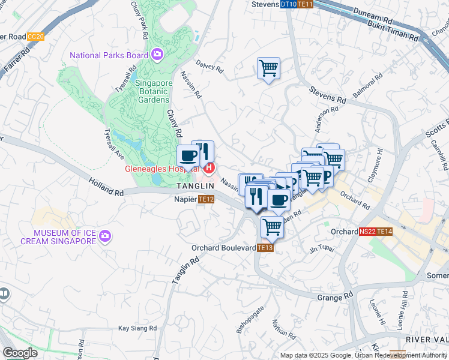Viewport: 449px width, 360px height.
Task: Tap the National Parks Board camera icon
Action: [x=157, y=55]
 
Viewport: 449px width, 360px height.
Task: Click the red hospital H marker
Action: [x=209, y=169]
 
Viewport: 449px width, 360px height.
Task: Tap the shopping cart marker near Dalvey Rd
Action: [x=268, y=67]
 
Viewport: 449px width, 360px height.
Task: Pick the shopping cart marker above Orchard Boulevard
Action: [x=272, y=227]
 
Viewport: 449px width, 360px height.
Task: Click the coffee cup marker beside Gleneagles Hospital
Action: [x=188, y=157]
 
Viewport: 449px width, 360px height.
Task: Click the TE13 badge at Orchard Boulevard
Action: [x=266, y=247]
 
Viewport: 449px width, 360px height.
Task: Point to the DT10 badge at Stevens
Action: [x=289, y=4]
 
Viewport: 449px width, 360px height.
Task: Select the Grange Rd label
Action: [x=340, y=296]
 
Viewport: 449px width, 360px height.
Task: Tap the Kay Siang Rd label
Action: [x=137, y=328]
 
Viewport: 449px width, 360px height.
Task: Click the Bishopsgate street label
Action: [x=249, y=322]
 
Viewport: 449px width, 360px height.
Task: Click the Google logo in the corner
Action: [x=20, y=353]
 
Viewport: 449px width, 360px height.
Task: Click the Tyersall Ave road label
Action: [x=114, y=144]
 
